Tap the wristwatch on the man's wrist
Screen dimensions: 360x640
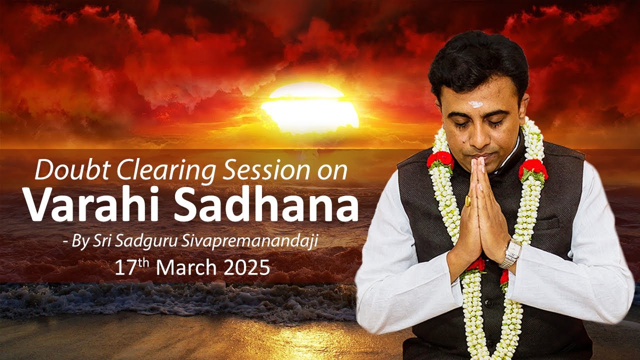(511, 252)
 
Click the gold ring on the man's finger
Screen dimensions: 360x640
(468, 201)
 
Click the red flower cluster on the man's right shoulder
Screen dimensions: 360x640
(440, 160)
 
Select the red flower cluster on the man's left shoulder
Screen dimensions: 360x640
(532, 169)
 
